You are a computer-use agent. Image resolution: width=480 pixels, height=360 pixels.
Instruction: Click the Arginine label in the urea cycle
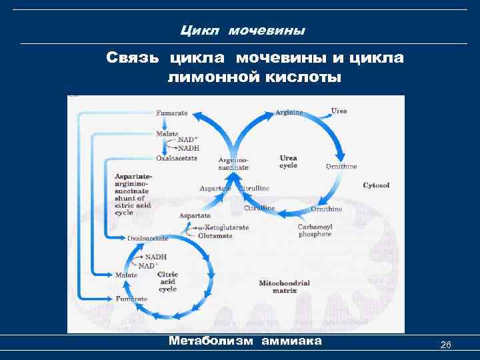pos(289,112)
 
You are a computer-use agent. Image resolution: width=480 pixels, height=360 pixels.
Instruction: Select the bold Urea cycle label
pos(288,161)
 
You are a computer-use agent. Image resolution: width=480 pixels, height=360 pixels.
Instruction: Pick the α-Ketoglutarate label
pos(223,227)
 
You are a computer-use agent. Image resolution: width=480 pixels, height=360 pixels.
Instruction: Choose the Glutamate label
pos(214,235)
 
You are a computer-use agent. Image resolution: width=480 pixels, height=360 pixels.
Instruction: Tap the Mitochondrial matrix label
pos(284,287)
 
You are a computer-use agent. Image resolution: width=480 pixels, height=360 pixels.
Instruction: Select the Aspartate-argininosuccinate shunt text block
pos(133,194)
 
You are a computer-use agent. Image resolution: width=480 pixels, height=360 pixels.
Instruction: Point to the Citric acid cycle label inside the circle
pos(167,281)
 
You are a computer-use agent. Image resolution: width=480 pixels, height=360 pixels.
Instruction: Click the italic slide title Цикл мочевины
pos(243,31)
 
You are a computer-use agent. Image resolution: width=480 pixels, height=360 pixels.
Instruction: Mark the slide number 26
pos(446,345)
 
